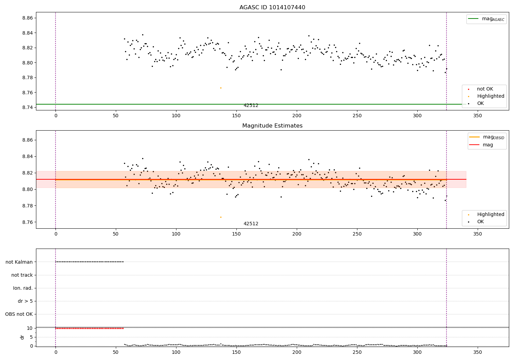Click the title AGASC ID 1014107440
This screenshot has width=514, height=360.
pyautogui.click(x=272, y=8)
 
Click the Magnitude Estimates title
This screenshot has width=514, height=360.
pyautogui.click(x=272, y=126)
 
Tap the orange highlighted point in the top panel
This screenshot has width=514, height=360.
pyautogui.click(x=221, y=88)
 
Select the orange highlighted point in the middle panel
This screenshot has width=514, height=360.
pyautogui.click(x=221, y=217)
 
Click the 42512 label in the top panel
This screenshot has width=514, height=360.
pyautogui.click(x=251, y=106)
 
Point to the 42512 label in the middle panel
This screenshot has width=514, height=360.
pyautogui.click(x=251, y=224)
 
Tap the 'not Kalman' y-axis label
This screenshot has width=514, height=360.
pyautogui.click(x=19, y=262)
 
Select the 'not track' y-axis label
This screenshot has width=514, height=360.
pyautogui.click(x=22, y=275)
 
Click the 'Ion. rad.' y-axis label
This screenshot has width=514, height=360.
pyautogui.click(x=23, y=288)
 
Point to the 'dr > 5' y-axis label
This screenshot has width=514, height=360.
pyautogui.click(x=25, y=301)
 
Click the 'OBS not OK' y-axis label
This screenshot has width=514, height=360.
pyautogui.click(x=19, y=314)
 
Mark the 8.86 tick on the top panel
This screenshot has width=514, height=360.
pyautogui.click(x=27, y=18)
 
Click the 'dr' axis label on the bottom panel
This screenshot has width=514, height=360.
pyautogui.click(x=22, y=337)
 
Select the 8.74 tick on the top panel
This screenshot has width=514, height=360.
pyautogui.click(x=27, y=108)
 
